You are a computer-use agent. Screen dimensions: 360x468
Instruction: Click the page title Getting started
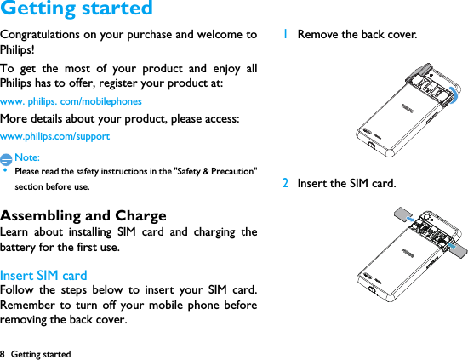click(77, 9)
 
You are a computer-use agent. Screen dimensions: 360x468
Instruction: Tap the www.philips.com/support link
click(54, 136)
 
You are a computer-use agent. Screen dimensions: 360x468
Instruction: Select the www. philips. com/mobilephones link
click(71, 101)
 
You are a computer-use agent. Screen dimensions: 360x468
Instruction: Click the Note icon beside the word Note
click(7, 158)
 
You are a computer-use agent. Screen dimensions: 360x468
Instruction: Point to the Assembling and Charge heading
click(83, 215)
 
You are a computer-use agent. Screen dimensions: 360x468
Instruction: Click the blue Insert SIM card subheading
click(43, 275)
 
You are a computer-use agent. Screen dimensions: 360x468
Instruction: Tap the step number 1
click(286, 35)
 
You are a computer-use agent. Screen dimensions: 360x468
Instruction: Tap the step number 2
click(286, 183)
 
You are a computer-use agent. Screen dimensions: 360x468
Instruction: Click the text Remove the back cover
click(357, 35)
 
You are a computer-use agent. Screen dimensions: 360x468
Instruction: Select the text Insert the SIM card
click(346, 183)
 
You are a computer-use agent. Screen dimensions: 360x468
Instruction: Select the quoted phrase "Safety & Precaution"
click(214, 171)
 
